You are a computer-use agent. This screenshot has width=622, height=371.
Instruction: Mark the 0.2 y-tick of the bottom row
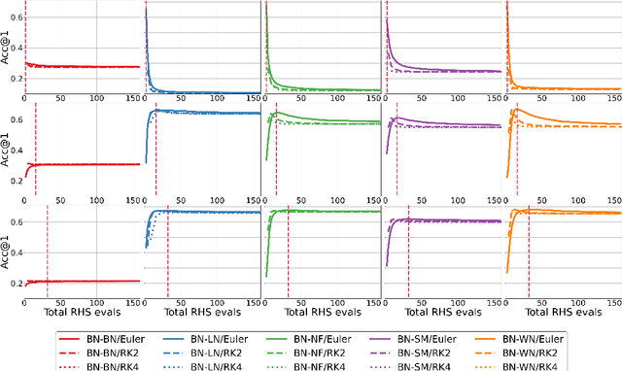(x=16, y=284)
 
